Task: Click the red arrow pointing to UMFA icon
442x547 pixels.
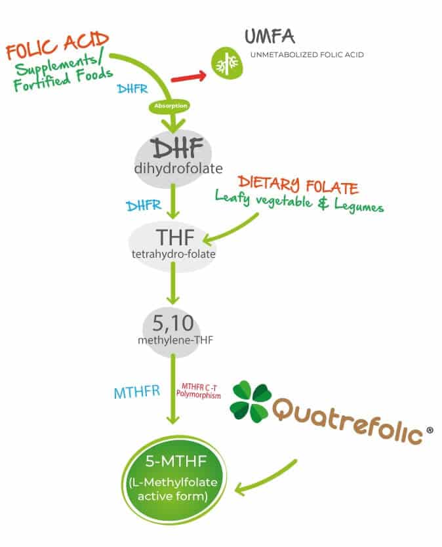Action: (188, 77)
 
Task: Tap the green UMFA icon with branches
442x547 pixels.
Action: (227, 63)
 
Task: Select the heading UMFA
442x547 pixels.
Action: (270, 36)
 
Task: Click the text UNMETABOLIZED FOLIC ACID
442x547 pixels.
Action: (307, 55)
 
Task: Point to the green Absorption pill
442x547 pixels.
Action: (171, 106)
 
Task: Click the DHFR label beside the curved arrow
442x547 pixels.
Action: (132, 89)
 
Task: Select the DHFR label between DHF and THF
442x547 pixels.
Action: (144, 205)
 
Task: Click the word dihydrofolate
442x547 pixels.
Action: (178, 169)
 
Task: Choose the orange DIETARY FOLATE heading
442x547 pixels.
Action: (298, 185)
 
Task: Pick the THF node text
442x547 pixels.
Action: (175, 237)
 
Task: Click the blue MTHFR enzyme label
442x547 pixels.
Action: (137, 392)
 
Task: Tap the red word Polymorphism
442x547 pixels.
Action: (199, 395)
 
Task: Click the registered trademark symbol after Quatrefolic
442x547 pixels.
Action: (430, 430)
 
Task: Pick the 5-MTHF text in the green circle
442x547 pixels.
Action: (176, 462)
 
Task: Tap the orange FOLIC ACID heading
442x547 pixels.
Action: (58, 45)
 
